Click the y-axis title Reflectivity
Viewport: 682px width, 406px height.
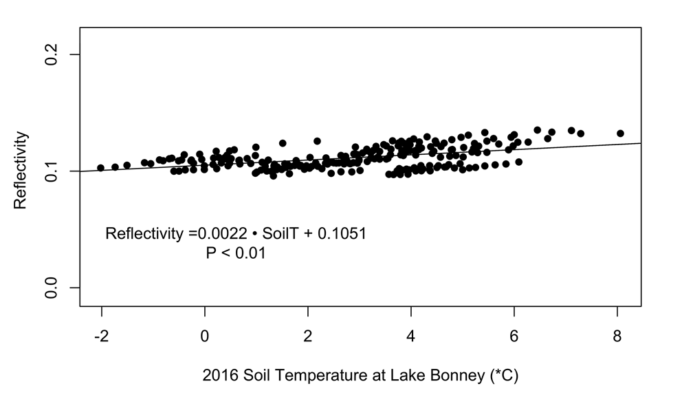pos(21,171)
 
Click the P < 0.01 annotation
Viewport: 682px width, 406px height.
pos(236,253)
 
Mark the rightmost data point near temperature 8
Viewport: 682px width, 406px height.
pos(620,133)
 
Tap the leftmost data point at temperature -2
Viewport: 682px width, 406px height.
pos(101,168)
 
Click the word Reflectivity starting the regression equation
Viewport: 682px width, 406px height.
pos(144,234)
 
